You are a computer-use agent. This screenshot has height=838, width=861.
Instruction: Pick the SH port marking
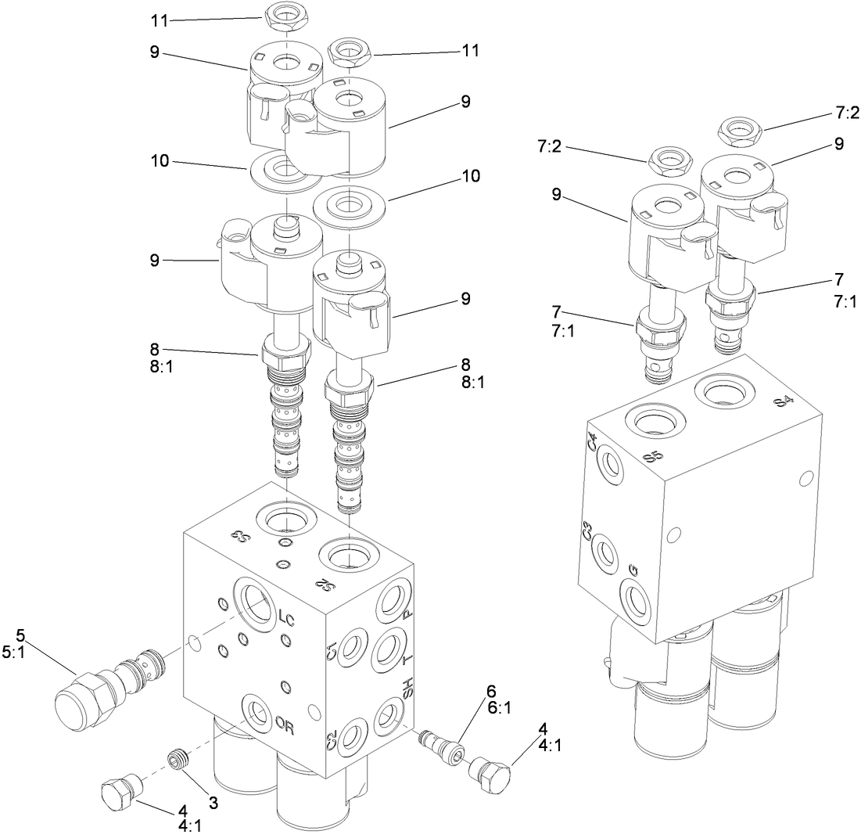click(x=407, y=691)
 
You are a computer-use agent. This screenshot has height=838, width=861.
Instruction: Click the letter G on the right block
click(x=633, y=569)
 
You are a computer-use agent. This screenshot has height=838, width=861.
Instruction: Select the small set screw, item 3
click(x=178, y=757)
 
